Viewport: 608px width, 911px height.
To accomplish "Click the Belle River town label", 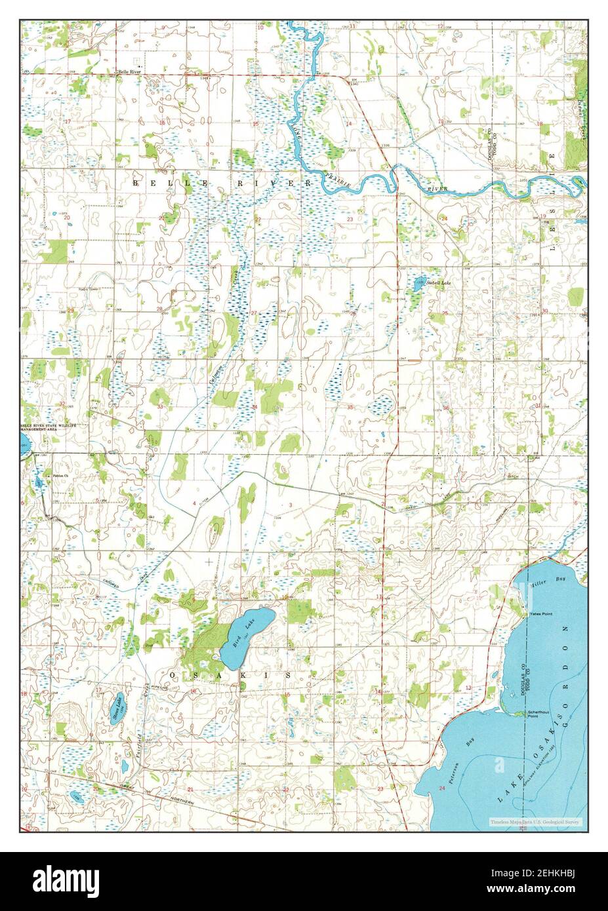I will pyautogui.click(x=129, y=71).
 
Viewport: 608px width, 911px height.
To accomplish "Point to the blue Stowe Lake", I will pyautogui.click(x=118, y=707).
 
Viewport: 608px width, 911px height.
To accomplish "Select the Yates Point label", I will pyautogui.click(x=542, y=613).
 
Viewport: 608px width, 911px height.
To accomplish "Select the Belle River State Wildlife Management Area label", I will pyautogui.click(x=49, y=427).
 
